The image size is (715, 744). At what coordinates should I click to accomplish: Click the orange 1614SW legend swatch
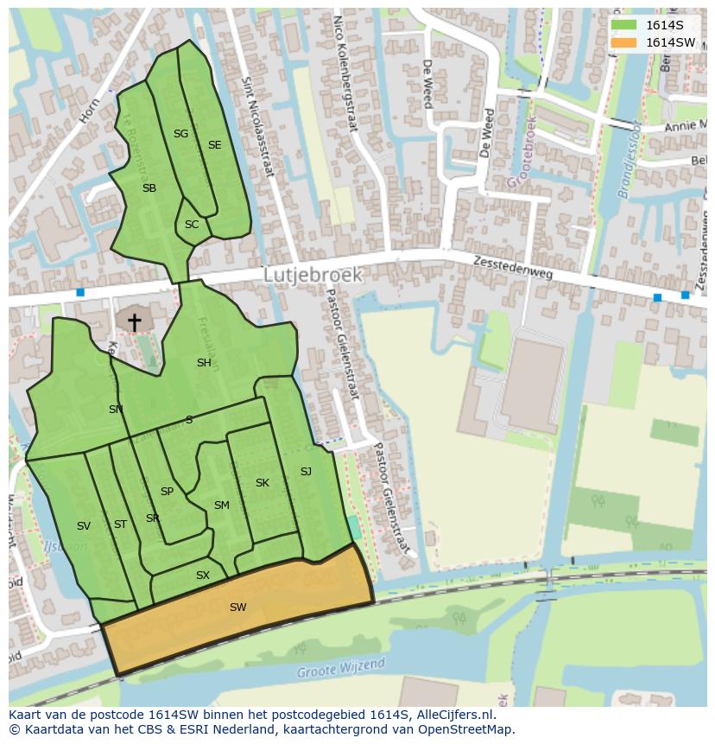pos(623,42)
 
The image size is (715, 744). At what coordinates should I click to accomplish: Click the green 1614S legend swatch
pos(623,25)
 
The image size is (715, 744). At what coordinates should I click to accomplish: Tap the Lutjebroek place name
pos(313,275)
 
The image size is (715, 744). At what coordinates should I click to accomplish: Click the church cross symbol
pos(135,322)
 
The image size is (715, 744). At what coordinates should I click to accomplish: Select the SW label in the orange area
pos(238,607)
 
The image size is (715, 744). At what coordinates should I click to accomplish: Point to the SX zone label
pos(203,575)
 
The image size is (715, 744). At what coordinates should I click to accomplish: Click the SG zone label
pos(180,134)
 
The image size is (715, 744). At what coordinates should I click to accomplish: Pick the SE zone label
pos(214,145)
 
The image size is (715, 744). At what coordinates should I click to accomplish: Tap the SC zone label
pos(192,225)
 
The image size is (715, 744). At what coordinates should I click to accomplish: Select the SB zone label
pos(149,188)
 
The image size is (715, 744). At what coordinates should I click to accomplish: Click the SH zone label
pos(204,363)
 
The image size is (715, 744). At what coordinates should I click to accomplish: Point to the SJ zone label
pos(306,472)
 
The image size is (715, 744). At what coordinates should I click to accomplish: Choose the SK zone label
pos(263,483)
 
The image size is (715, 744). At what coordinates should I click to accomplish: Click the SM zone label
pos(222,506)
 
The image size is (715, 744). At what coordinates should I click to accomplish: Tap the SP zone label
pos(167,492)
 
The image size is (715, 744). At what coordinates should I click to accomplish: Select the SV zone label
pos(84,526)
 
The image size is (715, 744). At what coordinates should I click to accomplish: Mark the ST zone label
pos(120,525)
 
